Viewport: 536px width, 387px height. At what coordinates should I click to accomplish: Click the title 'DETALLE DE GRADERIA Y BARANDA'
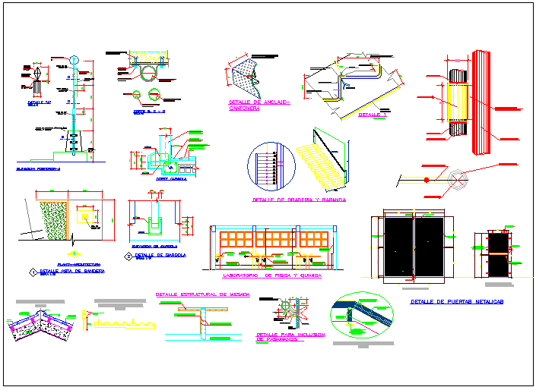point(298,200)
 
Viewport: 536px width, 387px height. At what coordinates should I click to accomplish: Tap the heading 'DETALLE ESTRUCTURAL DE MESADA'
point(202,294)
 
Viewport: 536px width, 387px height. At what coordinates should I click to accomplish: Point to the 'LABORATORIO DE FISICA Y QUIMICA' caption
point(271,276)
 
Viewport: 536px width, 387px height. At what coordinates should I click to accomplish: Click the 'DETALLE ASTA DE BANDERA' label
point(72,271)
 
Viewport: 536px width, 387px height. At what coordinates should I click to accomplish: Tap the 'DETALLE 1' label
point(371,115)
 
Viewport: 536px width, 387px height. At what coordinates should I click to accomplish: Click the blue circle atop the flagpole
point(75,60)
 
